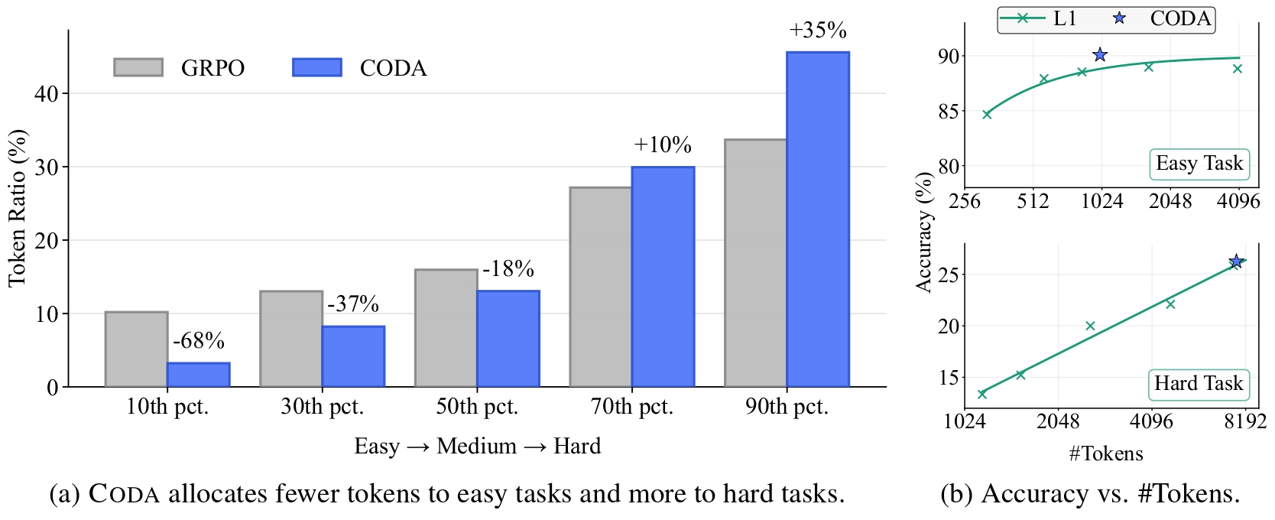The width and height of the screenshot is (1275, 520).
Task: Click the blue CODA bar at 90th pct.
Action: click(x=817, y=219)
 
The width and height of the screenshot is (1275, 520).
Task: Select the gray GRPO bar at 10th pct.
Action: click(x=136, y=349)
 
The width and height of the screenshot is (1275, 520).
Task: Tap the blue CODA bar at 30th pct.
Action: click(x=353, y=356)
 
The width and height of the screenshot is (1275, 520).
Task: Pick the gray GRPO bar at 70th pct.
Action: click(x=601, y=287)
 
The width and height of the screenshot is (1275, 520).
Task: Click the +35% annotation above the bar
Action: click(x=818, y=31)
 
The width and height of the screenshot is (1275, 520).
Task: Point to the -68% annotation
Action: click(x=199, y=341)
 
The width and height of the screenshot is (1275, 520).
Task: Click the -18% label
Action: click(x=508, y=269)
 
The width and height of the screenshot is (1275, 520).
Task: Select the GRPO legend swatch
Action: click(x=138, y=67)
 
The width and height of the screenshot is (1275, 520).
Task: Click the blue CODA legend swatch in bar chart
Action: click(x=317, y=67)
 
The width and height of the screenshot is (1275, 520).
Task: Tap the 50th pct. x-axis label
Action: click(x=477, y=407)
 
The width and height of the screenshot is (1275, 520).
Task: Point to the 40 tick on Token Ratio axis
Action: click(x=46, y=94)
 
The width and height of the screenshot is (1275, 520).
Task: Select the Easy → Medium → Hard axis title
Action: click(x=477, y=447)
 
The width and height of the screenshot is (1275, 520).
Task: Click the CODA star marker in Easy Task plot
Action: click(x=1100, y=55)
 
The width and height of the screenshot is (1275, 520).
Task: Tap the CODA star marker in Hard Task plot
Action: click(x=1236, y=262)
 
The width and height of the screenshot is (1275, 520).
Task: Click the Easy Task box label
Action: click(x=1199, y=164)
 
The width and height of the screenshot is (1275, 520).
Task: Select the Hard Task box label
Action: click(x=1199, y=384)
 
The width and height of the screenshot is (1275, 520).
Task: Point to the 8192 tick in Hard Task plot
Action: click(x=1244, y=421)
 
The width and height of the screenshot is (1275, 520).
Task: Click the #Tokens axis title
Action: click(x=1105, y=454)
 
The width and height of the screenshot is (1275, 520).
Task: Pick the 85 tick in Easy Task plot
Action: click(x=948, y=112)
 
